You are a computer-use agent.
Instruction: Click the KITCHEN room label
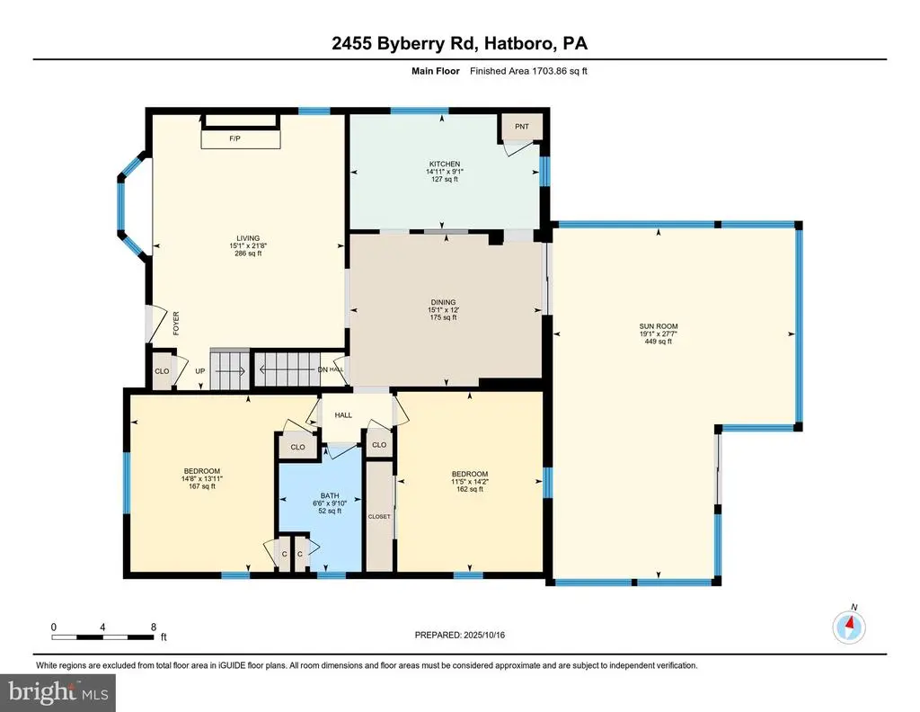pyautogui.click(x=444, y=164)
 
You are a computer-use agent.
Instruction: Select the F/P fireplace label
pyautogui.click(x=234, y=138)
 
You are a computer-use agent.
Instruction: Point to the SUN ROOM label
pyautogui.click(x=659, y=326)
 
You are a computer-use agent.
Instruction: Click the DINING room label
pyautogui.click(x=443, y=302)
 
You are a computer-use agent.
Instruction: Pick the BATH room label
pyautogui.click(x=330, y=495)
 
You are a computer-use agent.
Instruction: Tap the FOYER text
pyautogui.click(x=176, y=324)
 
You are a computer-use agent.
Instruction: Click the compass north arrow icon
pyautogui.click(x=849, y=627)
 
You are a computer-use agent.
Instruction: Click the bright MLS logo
pyautogui.click(x=58, y=692)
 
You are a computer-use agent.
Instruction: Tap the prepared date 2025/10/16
pyautogui.click(x=484, y=635)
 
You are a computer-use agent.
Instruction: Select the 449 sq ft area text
pyautogui.click(x=659, y=341)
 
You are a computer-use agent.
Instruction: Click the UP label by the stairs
pyautogui.click(x=200, y=371)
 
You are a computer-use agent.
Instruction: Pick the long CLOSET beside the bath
pyautogui.click(x=379, y=517)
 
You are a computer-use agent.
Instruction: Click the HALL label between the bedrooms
pyautogui.click(x=343, y=415)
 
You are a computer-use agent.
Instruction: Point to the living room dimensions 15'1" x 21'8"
pyautogui.click(x=248, y=246)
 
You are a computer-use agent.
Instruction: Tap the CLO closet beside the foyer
pyautogui.click(x=162, y=371)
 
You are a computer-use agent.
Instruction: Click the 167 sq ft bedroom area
pyautogui.click(x=202, y=486)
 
